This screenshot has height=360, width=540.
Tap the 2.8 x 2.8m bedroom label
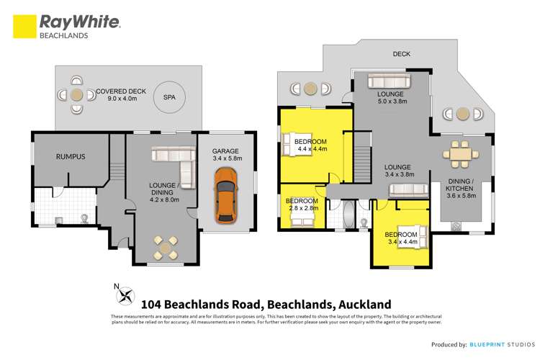click(x=301, y=204)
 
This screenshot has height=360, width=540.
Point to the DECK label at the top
click(x=402, y=54)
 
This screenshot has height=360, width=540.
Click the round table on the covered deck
click(x=76, y=94)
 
